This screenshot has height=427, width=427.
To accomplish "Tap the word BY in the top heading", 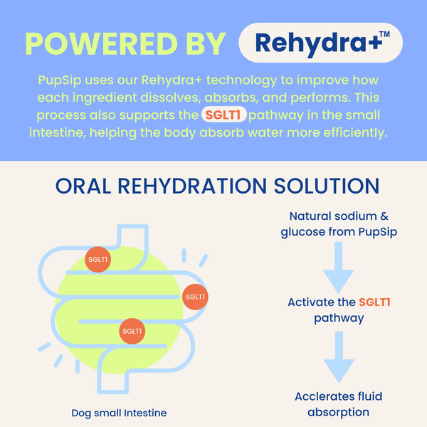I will [x=204, y=43].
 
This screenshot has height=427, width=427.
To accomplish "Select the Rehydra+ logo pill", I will [x=321, y=43].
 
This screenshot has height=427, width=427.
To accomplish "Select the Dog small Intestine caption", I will [x=119, y=413].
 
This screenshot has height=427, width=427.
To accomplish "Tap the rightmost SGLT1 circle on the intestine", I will [x=195, y=297].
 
